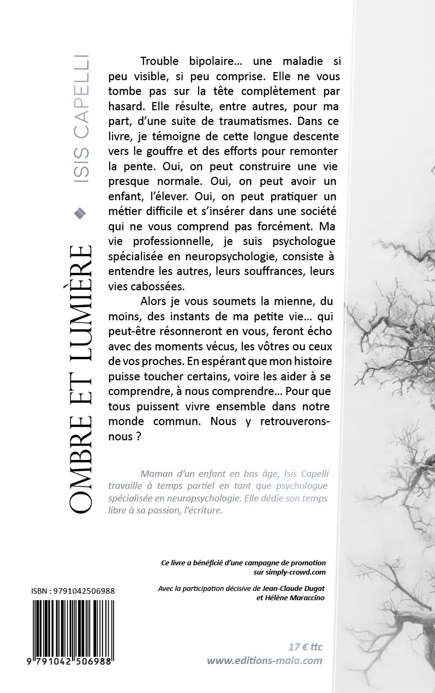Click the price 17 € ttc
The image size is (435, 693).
(306, 647)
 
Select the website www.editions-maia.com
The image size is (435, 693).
(264, 661)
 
